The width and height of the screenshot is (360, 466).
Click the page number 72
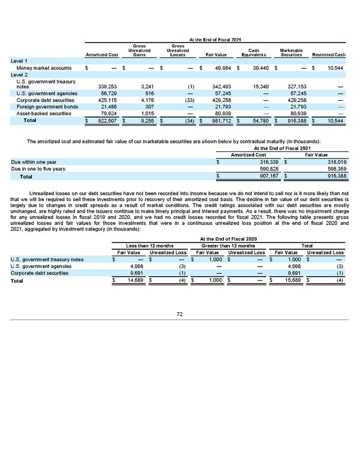[179, 313]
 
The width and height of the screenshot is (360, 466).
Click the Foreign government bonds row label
[44, 106]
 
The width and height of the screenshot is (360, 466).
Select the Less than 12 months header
[149, 246]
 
